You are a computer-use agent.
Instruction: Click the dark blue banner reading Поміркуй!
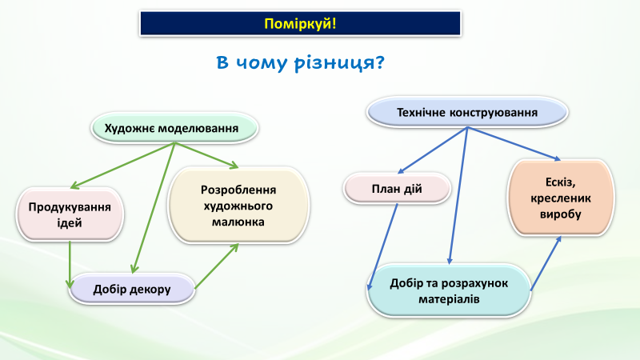pyautogui.click(x=301, y=23)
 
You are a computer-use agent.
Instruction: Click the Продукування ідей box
pyautogui.click(x=70, y=214)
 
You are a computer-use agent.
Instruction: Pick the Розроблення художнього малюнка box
pyautogui.click(x=238, y=206)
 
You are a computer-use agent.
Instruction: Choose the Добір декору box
pyautogui.click(x=132, y=289)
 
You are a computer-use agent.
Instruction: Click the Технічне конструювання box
pyautogui.click(x=467, y=113)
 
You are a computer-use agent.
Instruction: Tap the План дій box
pyautogui.click(x=397, y=190)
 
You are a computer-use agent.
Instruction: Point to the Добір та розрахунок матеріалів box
pyautogui.click(x=450, y=291)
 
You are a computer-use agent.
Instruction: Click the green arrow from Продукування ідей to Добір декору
pyautogui.click(x=70, y=262)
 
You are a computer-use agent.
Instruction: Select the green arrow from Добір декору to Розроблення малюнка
pyautogui.click(x=217, y=266)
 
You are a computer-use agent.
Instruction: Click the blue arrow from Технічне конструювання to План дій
pyautogui.click(x=433, y=150)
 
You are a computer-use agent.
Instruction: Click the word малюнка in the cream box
pyautogui.click(x=238, y=222)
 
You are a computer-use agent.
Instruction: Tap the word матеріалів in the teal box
pyautogui.click(x=449, y=299)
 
